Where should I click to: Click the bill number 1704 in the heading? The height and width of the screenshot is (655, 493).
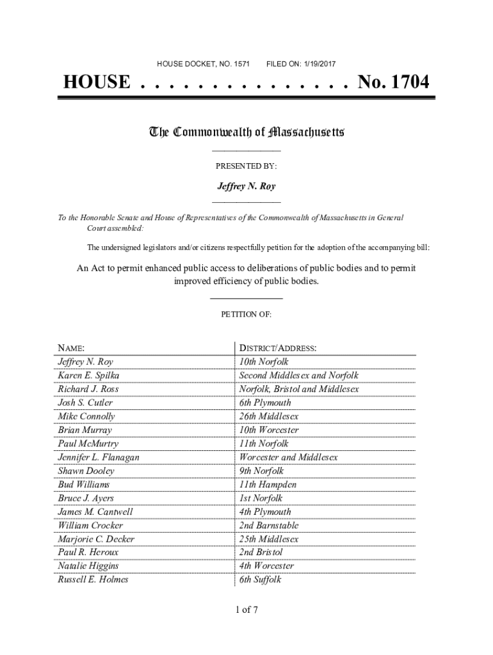click(x=405, y=83)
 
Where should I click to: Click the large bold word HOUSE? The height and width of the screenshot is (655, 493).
click(x=97, y=83)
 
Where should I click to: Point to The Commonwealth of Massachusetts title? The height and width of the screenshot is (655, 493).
click(x=247, y=132)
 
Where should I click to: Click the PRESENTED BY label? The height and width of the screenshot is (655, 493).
click(x=247, y=166)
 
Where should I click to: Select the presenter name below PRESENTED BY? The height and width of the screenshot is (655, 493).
click(x=247, y=187)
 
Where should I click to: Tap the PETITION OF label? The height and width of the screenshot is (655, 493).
click(x=247, y=315)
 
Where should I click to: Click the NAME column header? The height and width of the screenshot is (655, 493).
click(x=71, y=349)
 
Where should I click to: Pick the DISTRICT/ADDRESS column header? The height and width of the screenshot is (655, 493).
click(x=278, y=349)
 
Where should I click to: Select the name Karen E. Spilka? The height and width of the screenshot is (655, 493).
click(x=88, y=375)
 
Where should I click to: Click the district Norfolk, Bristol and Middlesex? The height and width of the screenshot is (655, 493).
click(x=299, y=389)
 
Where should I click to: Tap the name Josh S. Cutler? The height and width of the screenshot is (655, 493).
click(x=85, y=403)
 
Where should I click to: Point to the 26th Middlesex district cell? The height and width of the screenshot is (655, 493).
click(x=269, y=416)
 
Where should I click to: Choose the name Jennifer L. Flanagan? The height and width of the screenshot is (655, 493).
click(x=99, y=457)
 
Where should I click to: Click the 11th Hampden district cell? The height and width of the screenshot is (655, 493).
click(x=268, y=485)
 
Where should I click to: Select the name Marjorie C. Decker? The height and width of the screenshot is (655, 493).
click(x=96, y=539)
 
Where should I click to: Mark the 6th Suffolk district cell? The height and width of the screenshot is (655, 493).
click(x=260, y=580)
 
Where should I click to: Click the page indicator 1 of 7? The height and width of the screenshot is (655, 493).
click(x=247, y=610)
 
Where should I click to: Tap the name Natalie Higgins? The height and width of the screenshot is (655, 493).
click(x=88, y=566)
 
